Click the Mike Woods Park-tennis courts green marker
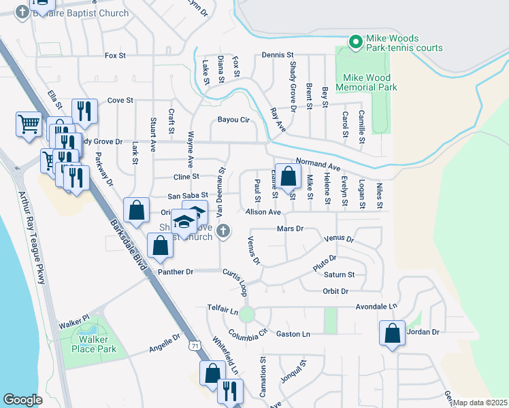tap(355, 42)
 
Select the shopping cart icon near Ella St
tap(29, 124)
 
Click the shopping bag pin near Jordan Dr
tap(392, 333)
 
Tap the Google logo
tap(22, 400)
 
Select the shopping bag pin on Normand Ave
tap(289, 176)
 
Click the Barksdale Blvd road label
tap(127, 238)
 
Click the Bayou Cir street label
tap(234, 120)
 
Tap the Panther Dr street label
tap(176, 272)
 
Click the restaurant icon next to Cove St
tap(84, 111)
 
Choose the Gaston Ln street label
tap(293, 334)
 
